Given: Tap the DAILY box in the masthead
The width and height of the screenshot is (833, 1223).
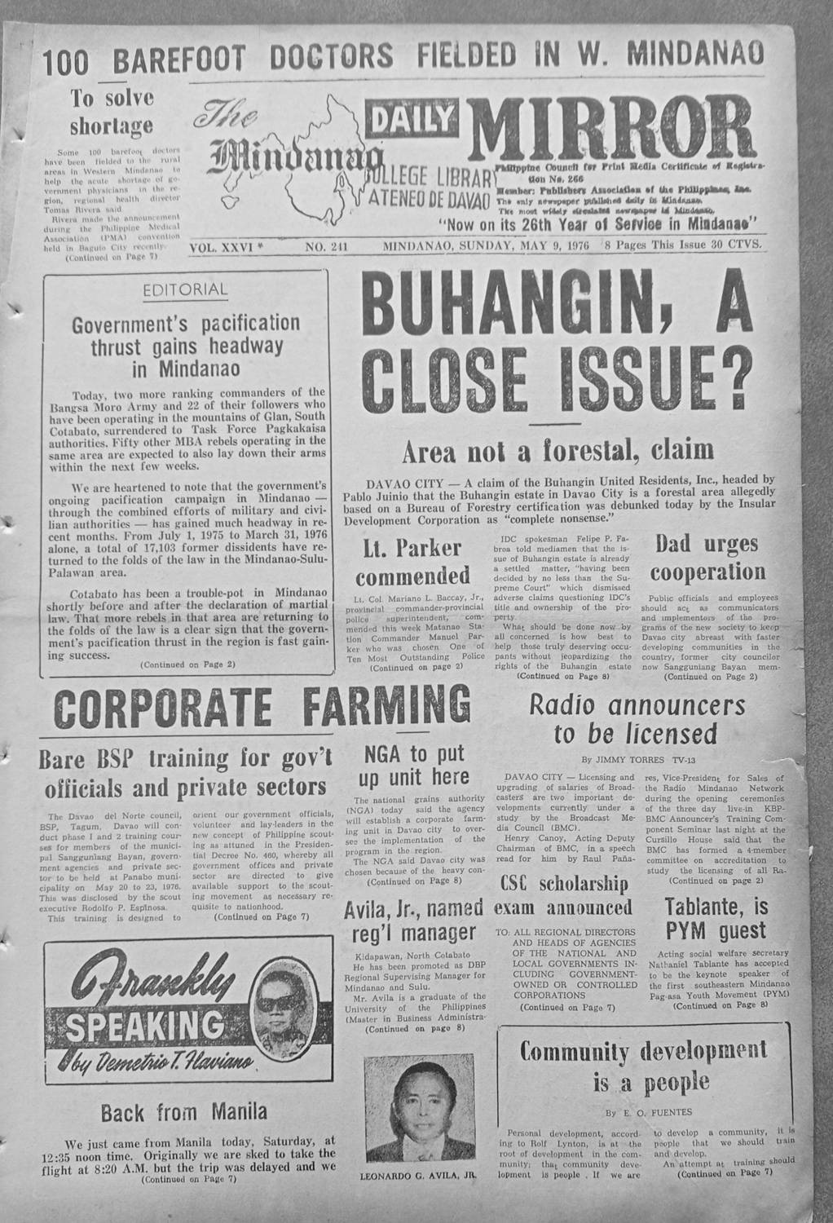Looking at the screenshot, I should [412, 121].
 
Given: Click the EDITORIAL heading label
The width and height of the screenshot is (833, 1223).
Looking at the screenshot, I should [185, 289].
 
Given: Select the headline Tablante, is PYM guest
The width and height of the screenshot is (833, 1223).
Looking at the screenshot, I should [715, 918].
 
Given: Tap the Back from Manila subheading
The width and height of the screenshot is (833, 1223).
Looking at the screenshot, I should [183, 1111].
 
